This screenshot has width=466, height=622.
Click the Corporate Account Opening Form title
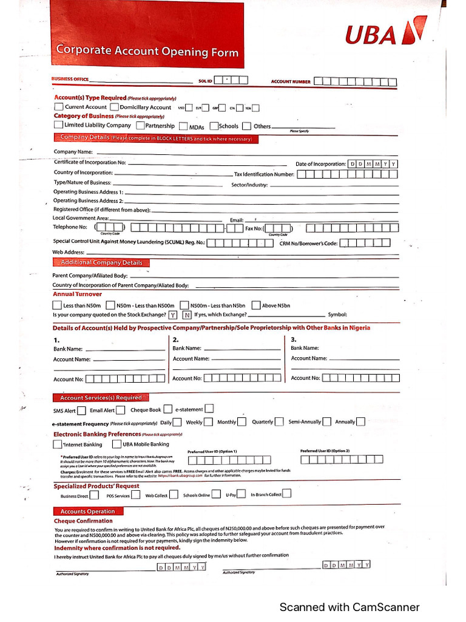[147, 51]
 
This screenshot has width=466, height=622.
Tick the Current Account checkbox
[59, 107]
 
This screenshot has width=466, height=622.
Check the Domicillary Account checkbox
[114, 107]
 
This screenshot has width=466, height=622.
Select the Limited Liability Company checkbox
[58, 125]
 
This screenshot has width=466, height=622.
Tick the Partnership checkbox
[140, 126]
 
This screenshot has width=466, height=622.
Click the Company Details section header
[156, 138]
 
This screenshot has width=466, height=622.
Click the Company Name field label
[73, 152]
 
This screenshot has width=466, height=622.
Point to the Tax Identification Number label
[264, 174]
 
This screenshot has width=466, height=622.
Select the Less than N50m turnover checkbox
[57, 305]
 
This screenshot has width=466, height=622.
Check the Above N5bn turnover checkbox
[256, 305]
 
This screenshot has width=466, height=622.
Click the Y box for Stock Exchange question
[173, 315]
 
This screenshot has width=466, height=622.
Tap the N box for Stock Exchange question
[187, 315]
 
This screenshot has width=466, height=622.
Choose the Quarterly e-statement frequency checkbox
[279, 422]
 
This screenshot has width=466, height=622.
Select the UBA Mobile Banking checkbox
[118, 444]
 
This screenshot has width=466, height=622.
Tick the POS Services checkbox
[136, 494]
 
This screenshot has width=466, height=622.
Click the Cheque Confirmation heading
[83, 521]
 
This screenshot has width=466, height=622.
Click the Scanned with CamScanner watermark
[349, 607]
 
